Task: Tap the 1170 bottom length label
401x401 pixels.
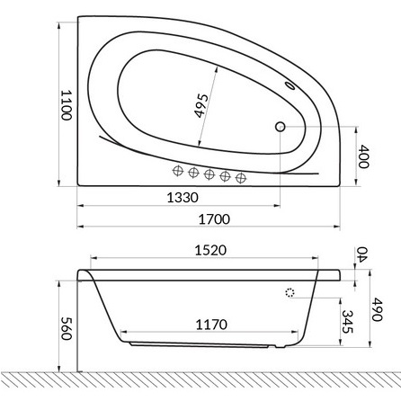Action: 209,324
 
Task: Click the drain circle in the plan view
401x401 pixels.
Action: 279,128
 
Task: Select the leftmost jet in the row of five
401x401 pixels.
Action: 178,170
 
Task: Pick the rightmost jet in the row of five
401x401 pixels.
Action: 240,176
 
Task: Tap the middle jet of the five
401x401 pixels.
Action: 209,174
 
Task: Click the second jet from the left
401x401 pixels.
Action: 193,172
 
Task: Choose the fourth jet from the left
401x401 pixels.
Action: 225,175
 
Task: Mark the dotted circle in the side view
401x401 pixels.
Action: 290,292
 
